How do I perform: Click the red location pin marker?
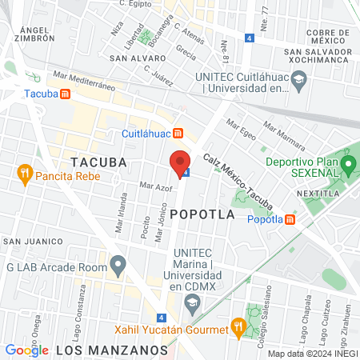point(180,163)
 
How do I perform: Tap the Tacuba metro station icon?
point(65,93)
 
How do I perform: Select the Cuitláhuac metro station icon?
point(179,134)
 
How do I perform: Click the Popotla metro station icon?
point(290,220)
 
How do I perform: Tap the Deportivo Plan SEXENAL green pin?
point(348,166)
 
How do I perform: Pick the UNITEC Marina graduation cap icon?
point(192,303)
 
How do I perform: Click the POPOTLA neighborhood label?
point(203,214)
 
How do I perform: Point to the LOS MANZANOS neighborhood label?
point(110,350)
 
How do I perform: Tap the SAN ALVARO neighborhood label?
point(133,58)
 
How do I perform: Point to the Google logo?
point(26,350)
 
